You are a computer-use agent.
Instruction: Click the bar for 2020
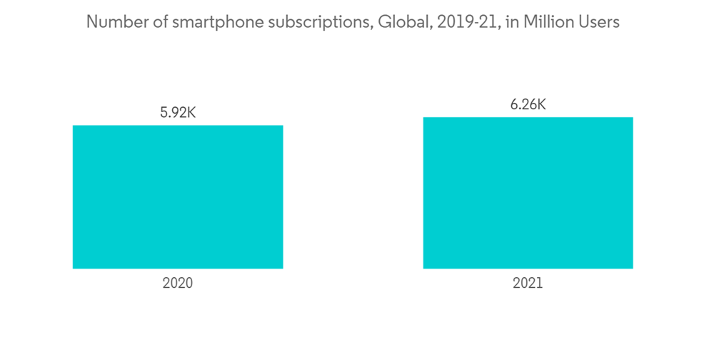click(x=178, y=197)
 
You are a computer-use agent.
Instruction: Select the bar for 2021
click(x=528, y=193)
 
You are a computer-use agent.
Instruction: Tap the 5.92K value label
click(x=178, y=112)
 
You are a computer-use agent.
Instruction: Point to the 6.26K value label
click(x=528, y=104)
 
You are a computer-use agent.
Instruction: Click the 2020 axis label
click(x=178, y=284)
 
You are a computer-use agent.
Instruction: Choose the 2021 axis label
click(x=528, y=284)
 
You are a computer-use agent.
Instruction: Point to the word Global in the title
click(x=397, y=22)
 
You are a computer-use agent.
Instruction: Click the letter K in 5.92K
click(x=191, y=112)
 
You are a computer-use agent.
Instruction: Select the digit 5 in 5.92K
click(x=164, y=112)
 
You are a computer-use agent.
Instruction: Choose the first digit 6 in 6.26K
click(x=513, y=104)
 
